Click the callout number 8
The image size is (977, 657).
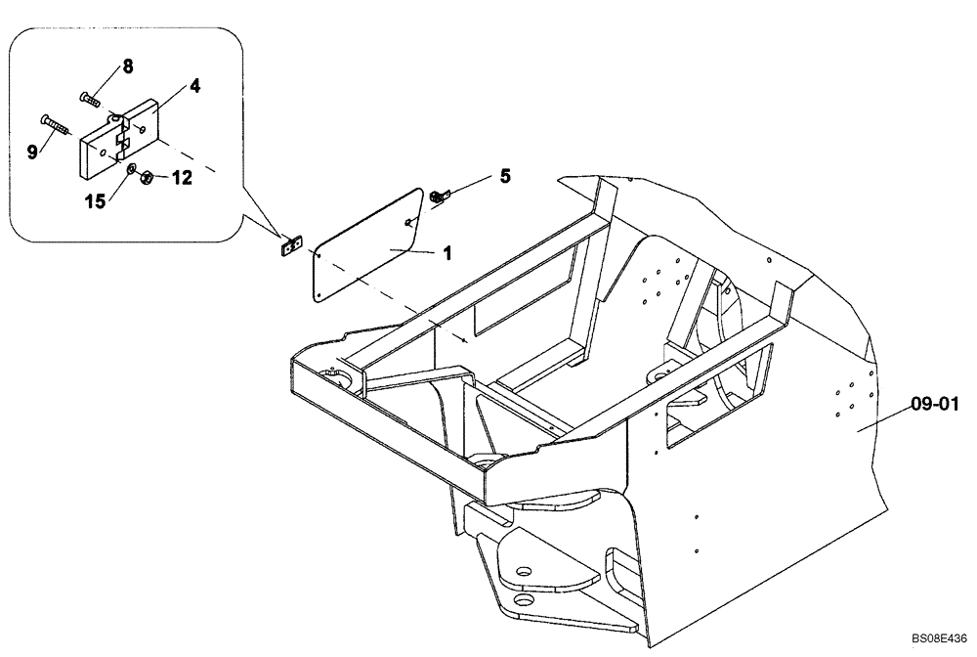coord(128,66)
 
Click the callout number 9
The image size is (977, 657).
coord(32,151)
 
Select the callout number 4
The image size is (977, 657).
coord(195,86)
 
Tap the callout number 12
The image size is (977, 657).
coord(183,178)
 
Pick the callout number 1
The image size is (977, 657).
coord(446,252)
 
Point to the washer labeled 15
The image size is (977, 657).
coord(129,172)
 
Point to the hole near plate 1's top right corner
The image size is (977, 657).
coord(408,222)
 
